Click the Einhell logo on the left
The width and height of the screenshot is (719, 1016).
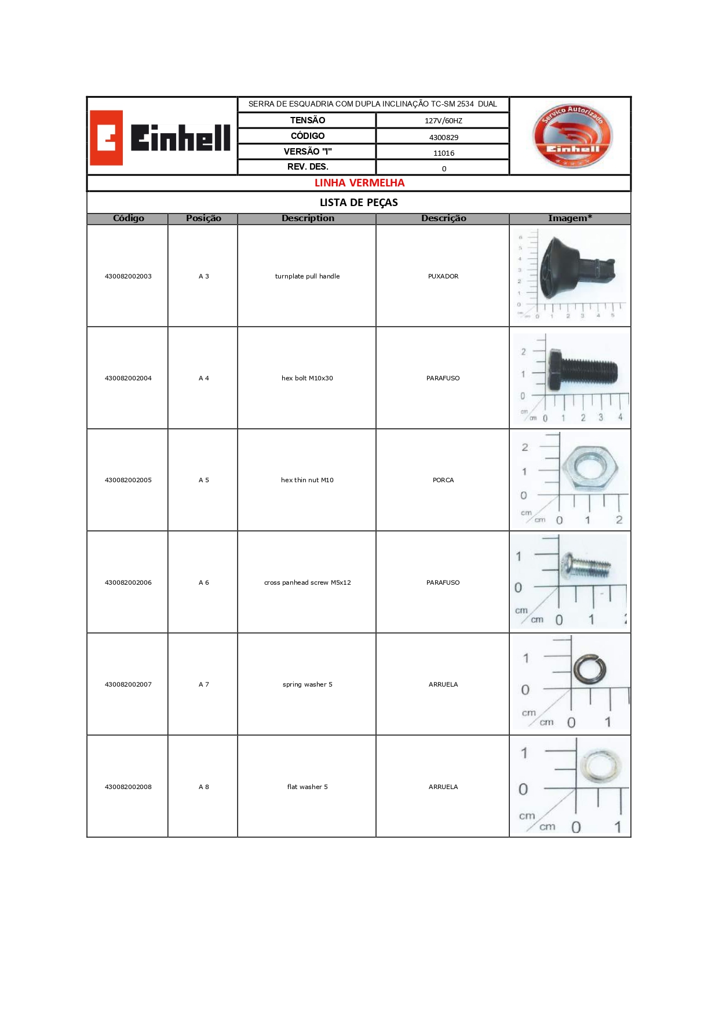pos(160,138)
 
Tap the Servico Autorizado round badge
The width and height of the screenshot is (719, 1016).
pos(572,137)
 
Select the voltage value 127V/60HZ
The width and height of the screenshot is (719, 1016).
pos(443,121)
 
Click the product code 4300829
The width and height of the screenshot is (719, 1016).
pos(443,137)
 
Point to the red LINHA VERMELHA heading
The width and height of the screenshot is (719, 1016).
pos(359,183)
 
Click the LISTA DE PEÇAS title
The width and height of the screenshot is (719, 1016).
pos(359,203)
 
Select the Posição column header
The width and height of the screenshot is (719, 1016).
pos(203,218)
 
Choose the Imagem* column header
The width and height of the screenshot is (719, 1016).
pos(570,218)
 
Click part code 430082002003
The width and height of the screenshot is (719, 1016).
pos(128,276)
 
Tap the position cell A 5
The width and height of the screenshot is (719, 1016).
pos(203,480)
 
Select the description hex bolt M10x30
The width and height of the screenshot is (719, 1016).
pos(307,378)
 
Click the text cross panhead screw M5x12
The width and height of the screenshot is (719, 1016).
pos(307,582)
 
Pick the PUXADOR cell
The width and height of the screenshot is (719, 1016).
pos(443,276)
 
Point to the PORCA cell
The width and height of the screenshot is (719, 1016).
pos(443,480)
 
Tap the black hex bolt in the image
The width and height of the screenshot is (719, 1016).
pos(582,371)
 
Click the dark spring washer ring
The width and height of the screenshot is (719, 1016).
pos(590,670)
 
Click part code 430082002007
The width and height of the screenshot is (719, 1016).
pos(128,684)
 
